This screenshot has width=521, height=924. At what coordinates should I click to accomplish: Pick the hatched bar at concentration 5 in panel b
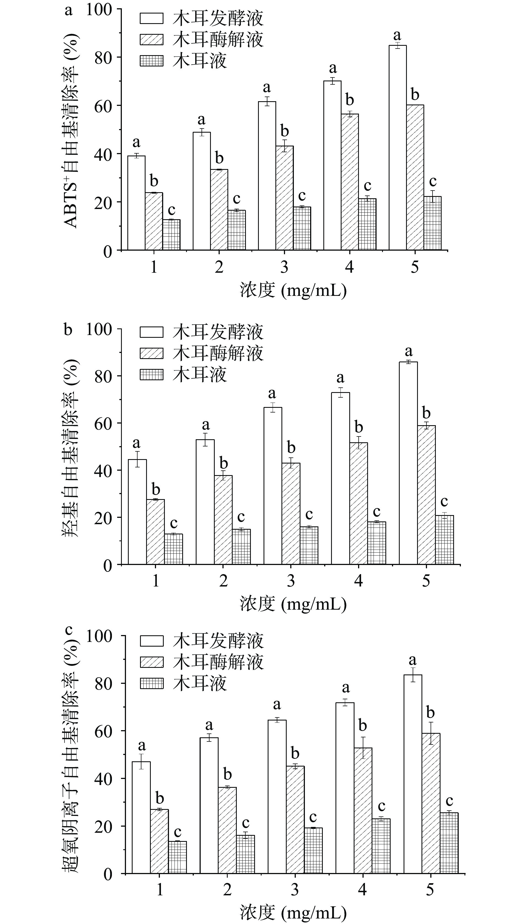[426, 495]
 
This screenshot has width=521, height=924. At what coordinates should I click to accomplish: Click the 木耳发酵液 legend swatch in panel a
[151, 18]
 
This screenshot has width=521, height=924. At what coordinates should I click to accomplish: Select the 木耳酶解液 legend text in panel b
[218, 353]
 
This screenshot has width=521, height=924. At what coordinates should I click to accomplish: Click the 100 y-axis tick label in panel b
[99, 329]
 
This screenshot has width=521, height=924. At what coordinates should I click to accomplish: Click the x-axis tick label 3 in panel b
[291, 581]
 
